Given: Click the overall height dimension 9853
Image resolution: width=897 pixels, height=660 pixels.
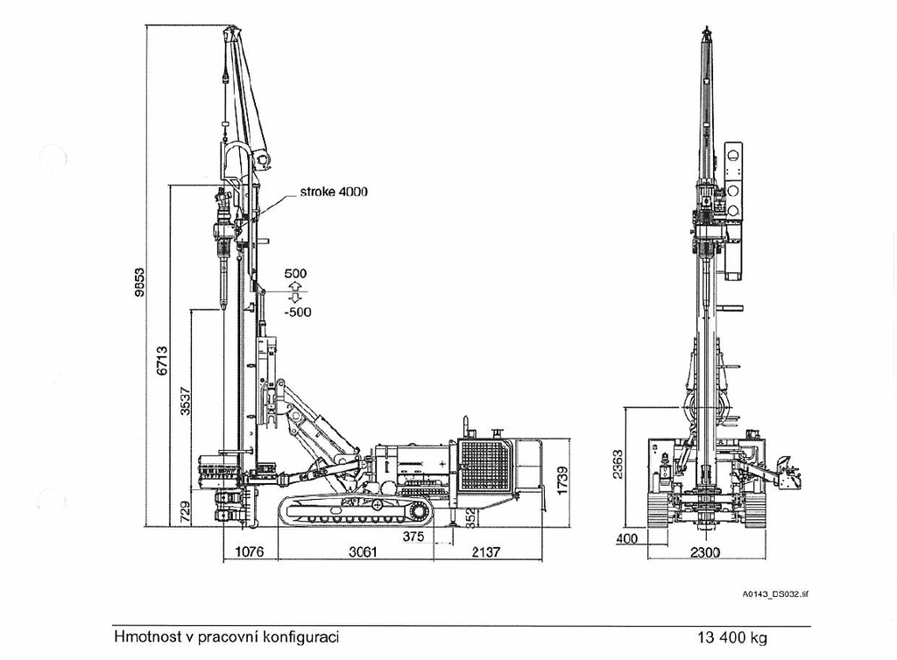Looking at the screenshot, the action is [139, 282].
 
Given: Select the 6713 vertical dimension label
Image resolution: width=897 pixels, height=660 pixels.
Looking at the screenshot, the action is [162, 361].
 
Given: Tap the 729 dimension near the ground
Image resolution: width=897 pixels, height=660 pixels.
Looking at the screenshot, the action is [185, 513].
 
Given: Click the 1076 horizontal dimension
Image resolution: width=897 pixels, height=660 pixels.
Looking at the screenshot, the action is [250, 551].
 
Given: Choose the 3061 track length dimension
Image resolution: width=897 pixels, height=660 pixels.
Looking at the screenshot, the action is [364, 551].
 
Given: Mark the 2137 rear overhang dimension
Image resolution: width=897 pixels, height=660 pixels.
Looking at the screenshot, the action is [485, 551].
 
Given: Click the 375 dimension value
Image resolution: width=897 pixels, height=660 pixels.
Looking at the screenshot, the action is [413, 537].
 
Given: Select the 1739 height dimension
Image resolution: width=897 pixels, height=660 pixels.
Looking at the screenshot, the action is [562, 481].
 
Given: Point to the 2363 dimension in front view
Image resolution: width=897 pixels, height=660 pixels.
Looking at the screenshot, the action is [618, 465].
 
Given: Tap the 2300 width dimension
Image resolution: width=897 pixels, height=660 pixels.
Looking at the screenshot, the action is [705, 552].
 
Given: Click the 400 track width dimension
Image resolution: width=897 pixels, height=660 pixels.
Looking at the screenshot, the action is [627, 538].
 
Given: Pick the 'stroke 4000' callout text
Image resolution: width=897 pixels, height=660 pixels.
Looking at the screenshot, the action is [334, 192].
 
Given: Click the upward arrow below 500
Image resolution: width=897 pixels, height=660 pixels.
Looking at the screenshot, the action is [295, 285].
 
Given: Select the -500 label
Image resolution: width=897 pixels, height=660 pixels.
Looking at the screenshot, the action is [297, 312].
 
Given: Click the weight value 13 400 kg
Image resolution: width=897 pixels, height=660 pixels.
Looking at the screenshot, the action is [731, 638].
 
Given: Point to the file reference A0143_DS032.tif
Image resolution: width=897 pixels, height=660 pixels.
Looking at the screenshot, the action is [775, 594].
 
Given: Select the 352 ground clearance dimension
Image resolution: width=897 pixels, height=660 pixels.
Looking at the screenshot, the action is [470, 516].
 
